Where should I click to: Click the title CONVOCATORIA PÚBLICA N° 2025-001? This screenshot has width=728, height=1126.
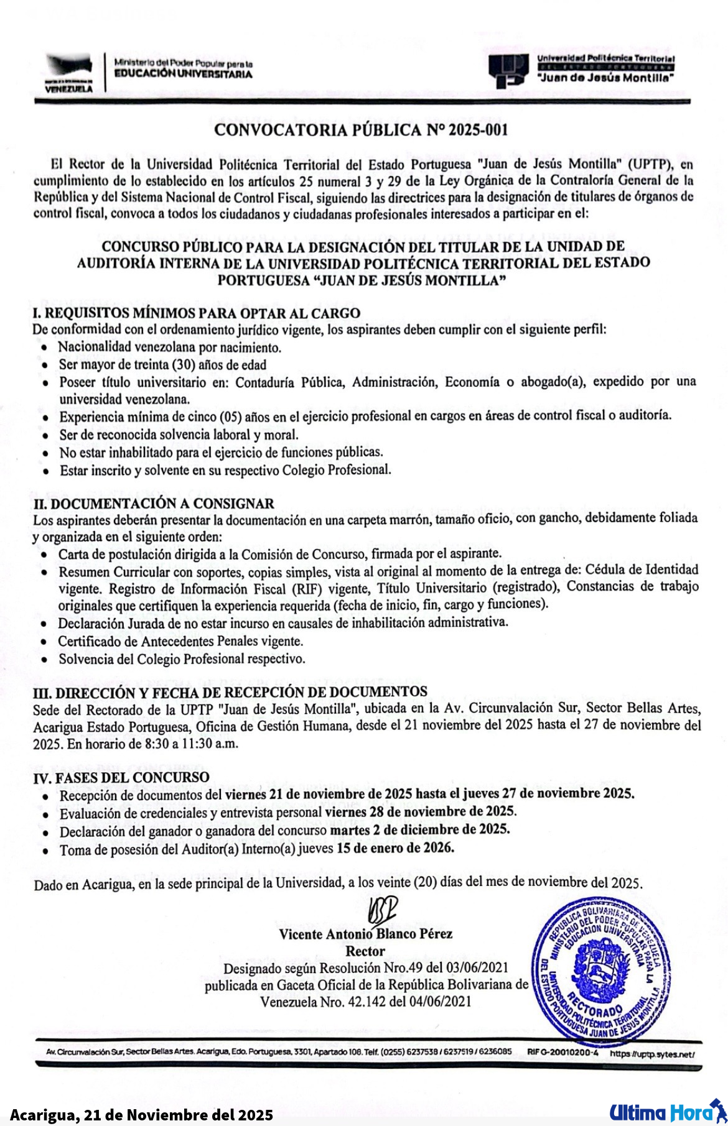360,130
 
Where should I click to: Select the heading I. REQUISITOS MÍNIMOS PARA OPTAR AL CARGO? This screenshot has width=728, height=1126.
196,313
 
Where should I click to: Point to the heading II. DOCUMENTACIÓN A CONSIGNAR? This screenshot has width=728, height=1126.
153,502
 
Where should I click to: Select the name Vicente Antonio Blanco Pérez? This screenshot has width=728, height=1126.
365,934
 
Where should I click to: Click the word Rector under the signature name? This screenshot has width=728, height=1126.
365,951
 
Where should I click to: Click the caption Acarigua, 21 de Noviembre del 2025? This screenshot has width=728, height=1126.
141,1114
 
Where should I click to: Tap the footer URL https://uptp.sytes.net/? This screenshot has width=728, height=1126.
651,1054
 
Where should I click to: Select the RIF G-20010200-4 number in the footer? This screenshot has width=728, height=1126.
562,1053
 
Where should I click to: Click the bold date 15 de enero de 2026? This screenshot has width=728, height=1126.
395,847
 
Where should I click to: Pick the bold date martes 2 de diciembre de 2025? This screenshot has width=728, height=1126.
420,829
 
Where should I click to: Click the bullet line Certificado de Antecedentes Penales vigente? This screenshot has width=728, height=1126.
180,641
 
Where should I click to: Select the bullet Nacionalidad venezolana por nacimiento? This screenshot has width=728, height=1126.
170,347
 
